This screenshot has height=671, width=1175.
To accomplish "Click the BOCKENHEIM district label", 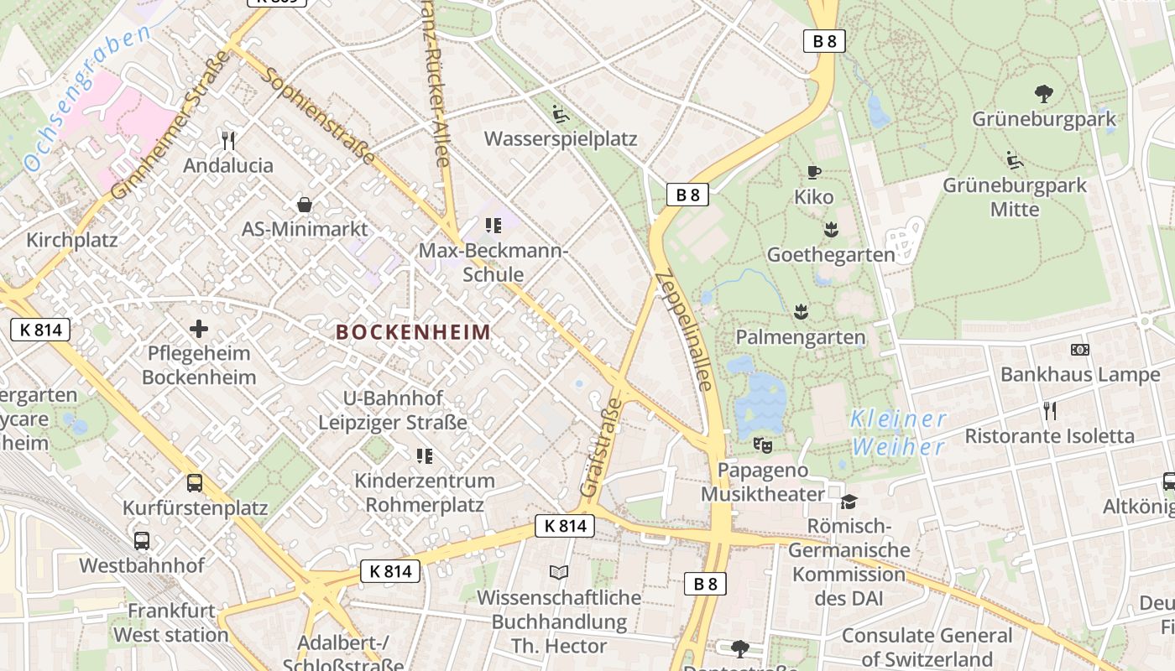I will (413, 332).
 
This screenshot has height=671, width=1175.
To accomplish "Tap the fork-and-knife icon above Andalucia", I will (227, 139).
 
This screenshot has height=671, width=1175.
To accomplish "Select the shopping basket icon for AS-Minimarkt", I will (305, 205).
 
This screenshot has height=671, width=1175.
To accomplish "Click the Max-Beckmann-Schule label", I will (493, 263).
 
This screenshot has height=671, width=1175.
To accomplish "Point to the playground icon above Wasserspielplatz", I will (560, 113).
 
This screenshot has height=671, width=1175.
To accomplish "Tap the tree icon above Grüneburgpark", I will (1044, 93).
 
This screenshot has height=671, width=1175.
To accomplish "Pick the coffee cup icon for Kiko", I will (813, 173).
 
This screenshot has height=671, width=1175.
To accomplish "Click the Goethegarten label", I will (831, 255).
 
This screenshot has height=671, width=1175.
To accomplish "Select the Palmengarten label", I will (800, 337).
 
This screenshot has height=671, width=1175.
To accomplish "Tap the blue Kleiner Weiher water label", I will (899, 432).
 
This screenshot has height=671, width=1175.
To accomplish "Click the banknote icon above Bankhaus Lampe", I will (1079, 350).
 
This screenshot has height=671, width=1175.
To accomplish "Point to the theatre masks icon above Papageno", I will (762, 445).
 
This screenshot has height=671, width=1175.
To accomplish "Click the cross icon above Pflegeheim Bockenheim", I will (199, 328).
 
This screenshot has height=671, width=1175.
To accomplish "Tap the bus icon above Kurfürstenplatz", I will (195, 482).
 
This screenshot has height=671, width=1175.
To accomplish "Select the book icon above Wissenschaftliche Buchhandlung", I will (558, 572).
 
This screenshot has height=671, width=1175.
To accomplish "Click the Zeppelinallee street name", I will (684, 331).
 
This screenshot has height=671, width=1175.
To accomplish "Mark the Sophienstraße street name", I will (319, 116).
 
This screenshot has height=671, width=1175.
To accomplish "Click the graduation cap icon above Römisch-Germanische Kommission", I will (849, 502).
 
